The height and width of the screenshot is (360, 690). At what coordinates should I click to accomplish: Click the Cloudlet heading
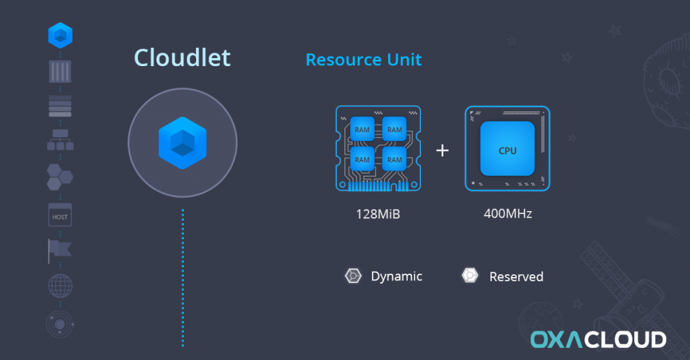click(182, 58)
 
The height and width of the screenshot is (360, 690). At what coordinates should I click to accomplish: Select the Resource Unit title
click(363, 59)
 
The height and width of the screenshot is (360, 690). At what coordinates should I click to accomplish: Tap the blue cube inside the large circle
click(183, 143)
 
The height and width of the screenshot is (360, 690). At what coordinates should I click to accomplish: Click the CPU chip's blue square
click(507, 149)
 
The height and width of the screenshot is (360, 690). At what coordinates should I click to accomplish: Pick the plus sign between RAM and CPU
click(442, 150)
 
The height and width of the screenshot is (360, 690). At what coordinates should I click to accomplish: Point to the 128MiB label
click(378, 214)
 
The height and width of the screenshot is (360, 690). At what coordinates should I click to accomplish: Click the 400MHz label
click(508, 214)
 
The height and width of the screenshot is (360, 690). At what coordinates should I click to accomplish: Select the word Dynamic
click(396, 276)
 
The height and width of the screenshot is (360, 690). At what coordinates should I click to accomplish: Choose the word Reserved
click(516, 277)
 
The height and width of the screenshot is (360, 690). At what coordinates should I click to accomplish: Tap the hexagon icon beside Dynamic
click(353, 276)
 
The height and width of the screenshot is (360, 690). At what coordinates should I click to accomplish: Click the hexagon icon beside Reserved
click(470, 276)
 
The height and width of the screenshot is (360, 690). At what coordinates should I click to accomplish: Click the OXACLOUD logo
click(598, 339)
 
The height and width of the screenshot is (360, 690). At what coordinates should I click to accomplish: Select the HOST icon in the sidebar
click(60, 215)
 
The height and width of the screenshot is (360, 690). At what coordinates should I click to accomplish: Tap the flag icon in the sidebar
click(60, 251)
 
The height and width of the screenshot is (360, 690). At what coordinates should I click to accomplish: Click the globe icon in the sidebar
click(60, 286)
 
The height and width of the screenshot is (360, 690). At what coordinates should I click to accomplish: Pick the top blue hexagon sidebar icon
click(60, 35)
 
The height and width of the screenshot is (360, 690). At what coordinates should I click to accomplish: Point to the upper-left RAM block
click(362, 129)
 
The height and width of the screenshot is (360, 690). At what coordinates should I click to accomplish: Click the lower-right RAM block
click(394, 159)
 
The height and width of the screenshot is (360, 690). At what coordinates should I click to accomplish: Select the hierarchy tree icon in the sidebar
click(60, 140)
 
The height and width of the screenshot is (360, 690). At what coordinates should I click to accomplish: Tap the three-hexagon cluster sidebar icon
click(60, 177)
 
